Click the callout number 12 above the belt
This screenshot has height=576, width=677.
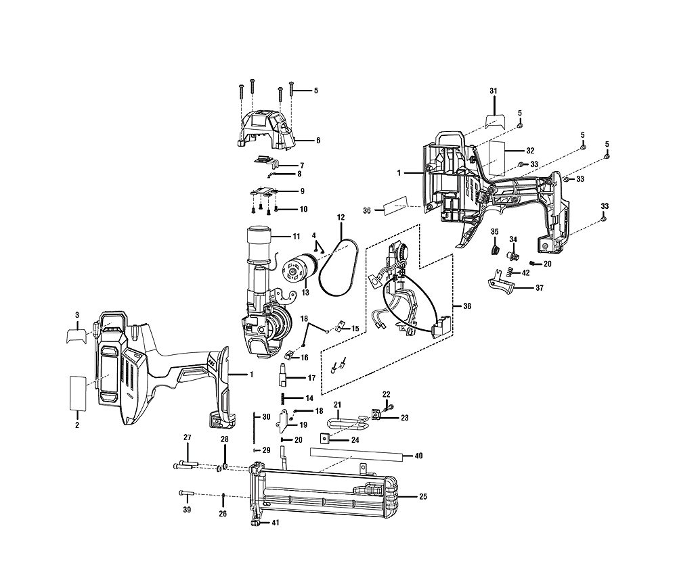(x=341, y=217)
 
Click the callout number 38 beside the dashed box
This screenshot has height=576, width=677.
(x=467, y=306)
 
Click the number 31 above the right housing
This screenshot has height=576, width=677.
(x=494, y=91)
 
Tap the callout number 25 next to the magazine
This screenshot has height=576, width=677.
(x=423, y=497)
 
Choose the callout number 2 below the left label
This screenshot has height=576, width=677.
(x=77, y=425)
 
